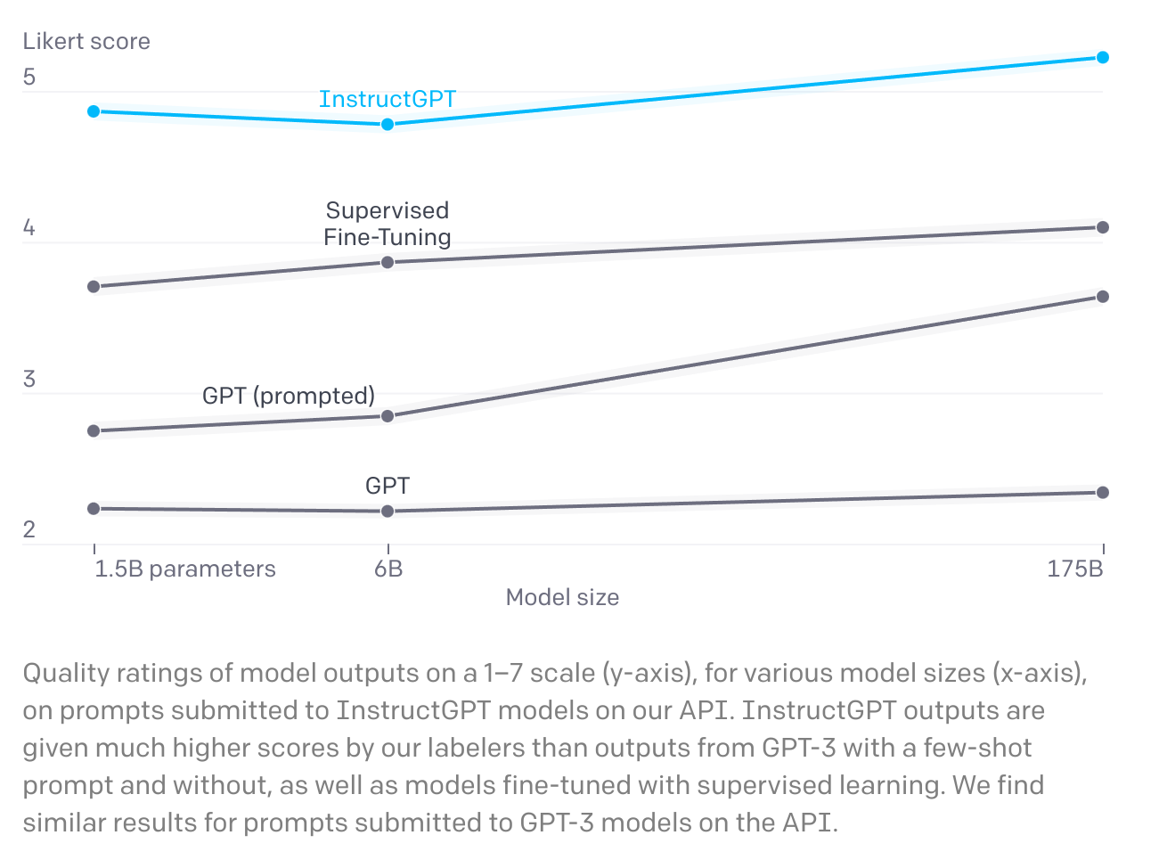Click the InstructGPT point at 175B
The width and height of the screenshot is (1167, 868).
(1103, 57)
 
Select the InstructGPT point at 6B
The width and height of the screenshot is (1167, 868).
(388, 124)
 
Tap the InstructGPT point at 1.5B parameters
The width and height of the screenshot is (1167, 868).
(94, 111)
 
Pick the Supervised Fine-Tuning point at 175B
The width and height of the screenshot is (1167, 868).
(1103, 227)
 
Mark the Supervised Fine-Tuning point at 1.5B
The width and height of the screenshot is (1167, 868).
(94, 286)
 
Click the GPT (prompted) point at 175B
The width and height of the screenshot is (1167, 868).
(1103, 297)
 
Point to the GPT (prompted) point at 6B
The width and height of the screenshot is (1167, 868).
(388, 416)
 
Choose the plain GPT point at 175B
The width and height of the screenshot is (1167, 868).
(1103, 492)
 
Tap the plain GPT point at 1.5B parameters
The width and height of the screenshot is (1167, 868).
(94, 508)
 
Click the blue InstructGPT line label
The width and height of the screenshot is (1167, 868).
(387, 99)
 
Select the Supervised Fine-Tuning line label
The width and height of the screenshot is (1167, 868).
(387, 224)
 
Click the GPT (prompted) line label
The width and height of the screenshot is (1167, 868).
(289, 396)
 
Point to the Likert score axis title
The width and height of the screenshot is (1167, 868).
(86, 41)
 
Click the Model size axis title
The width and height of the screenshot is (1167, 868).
(562, 597)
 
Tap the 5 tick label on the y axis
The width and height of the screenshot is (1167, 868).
(29, 78)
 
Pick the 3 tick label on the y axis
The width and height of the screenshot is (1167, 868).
(29, 379)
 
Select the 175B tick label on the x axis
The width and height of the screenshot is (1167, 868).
(1075, 569)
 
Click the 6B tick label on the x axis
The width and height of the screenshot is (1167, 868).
(388, 569)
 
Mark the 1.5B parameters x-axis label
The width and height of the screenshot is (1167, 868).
(185, 569)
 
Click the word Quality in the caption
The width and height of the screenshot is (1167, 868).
(66, 673)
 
